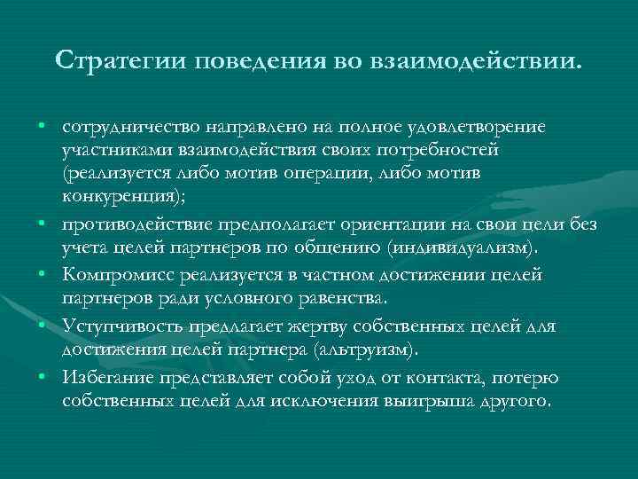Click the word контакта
coord(436,379)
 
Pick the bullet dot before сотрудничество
coord(43,128)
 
